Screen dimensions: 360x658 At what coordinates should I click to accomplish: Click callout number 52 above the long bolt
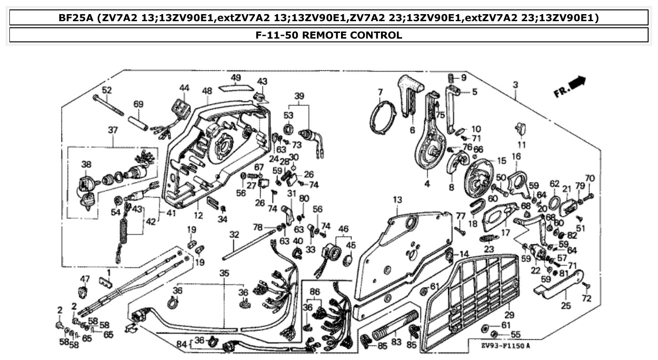[x=107, y=89]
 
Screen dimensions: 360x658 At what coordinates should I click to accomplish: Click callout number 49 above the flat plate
[x=236, y=78]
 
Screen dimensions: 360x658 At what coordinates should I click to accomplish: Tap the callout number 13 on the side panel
[x=397, y=200]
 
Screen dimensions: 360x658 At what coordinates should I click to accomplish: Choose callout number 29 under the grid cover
[x=509, y=314]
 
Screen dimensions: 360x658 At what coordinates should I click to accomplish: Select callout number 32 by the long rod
[x=234, y=234]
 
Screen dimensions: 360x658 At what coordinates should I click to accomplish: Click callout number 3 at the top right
[x=515, y=85]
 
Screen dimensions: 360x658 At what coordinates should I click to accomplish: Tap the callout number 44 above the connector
[x=184, y=88]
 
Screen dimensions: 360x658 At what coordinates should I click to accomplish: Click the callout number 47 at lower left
[x=85, y=279]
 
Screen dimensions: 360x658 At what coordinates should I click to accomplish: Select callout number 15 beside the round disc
[x=501, y=161]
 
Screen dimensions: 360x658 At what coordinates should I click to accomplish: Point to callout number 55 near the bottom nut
[x=515, y=335]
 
